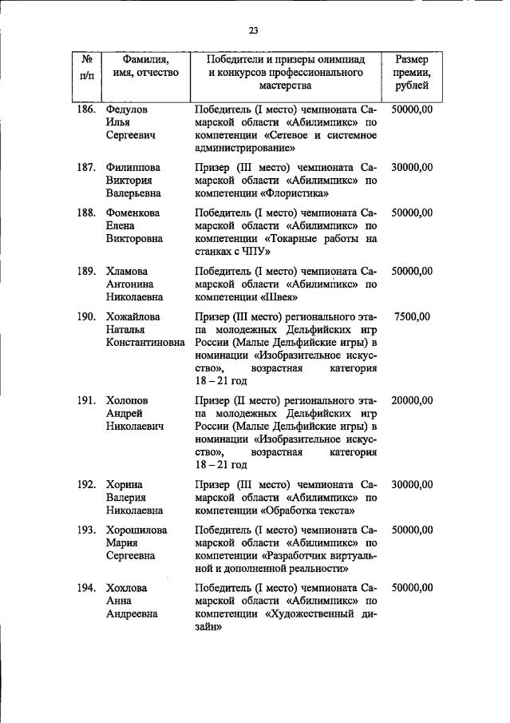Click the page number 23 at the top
254,30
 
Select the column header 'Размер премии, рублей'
411,73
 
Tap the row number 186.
87,109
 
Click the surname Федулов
127,109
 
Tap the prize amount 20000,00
412,400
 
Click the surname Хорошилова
136,530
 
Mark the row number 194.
87,588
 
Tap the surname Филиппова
132,167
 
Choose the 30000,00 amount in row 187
412,167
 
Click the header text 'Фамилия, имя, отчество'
145,66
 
